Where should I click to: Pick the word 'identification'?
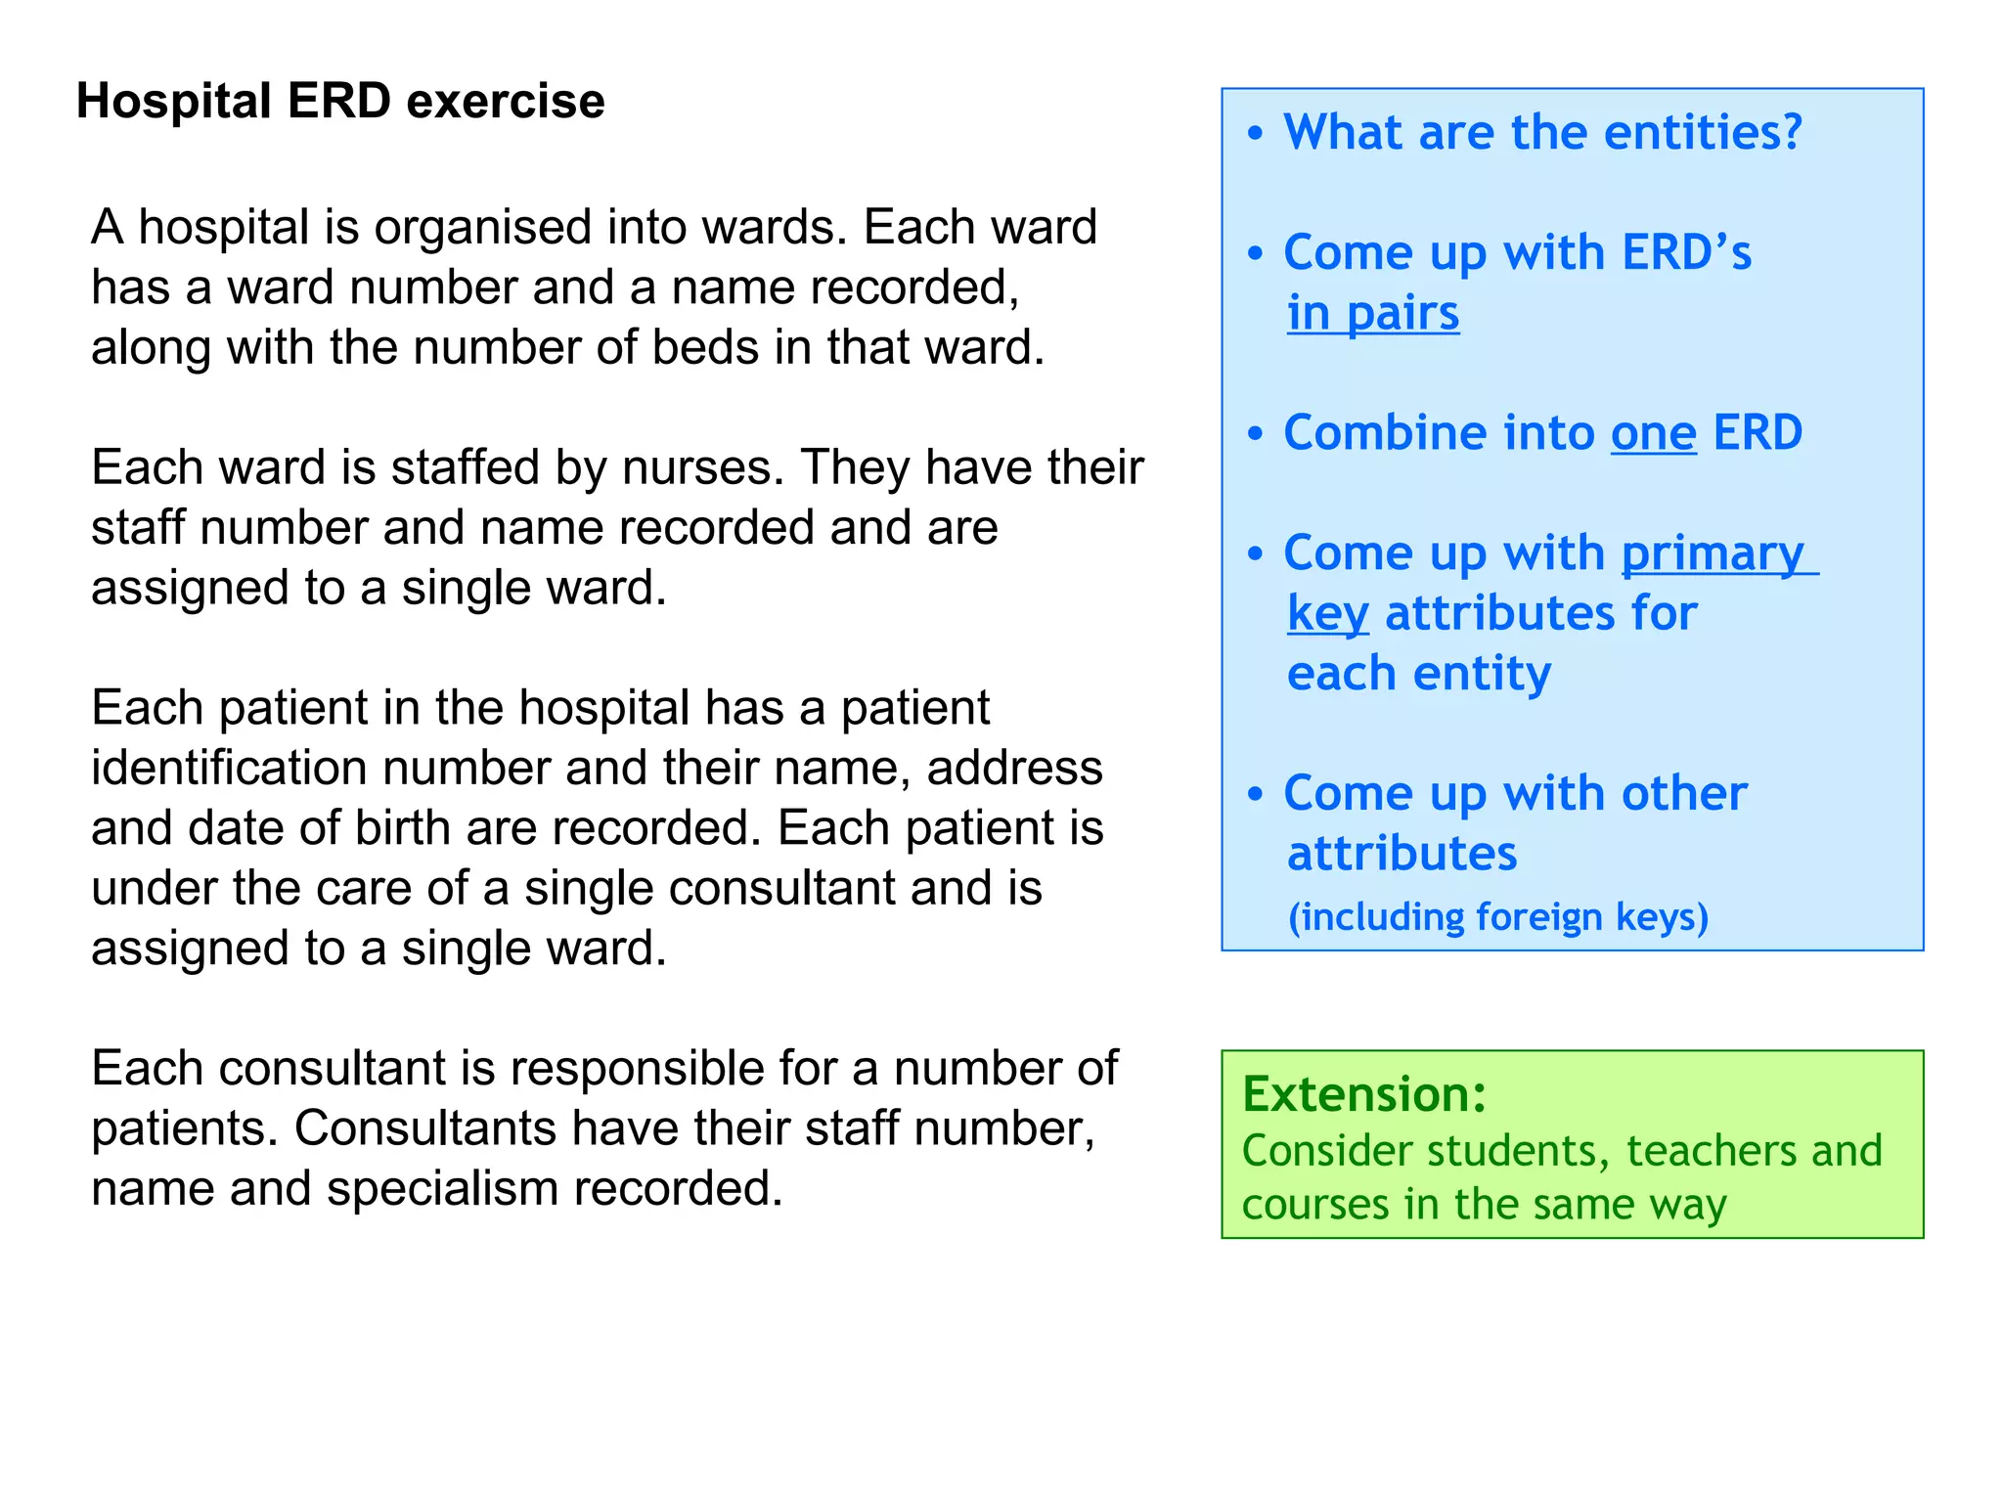click(x=229, y=769)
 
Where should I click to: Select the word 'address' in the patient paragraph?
click(x=1014, y=769)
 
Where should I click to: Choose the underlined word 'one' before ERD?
click(x=1653, y=433)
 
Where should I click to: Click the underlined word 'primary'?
click(x=1713, y=553)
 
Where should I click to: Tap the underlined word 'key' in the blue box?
click(x=1327, y=615)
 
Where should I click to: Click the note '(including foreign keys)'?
click(x=1497, y=917)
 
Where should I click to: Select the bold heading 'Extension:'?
click(x=1363, y=1094)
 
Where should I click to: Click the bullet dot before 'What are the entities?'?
click(x=1256, y=134)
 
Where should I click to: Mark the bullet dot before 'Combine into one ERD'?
click(x=1256, y=434)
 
